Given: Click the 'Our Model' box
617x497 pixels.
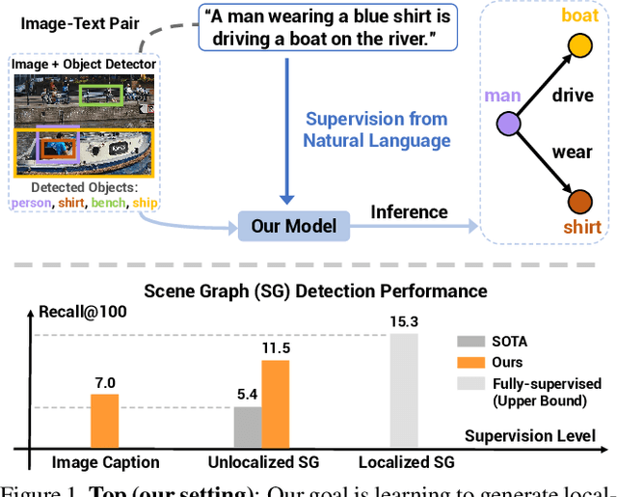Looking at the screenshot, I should click(294, 227).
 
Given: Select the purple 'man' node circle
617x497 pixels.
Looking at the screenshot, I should click(508, 124).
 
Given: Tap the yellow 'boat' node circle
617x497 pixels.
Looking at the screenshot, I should click(579, 45).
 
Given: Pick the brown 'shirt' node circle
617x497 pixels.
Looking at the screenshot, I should click(579, 203).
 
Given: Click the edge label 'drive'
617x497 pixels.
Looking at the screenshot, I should click(572, 96).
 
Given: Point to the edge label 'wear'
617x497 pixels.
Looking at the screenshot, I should click(572, 152).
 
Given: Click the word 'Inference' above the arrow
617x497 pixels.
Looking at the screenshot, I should click(409, 211).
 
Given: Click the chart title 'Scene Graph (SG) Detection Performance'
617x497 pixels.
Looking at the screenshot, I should click(315, 290).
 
